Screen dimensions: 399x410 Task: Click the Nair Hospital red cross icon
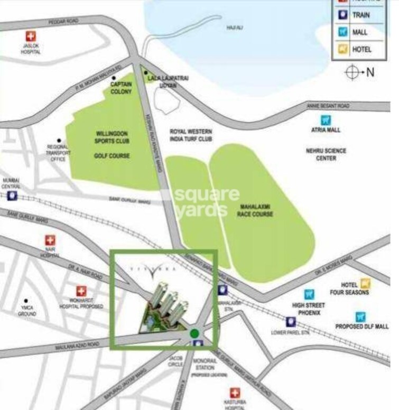click(51, 241)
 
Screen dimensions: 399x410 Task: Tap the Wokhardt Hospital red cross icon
click(81, 291)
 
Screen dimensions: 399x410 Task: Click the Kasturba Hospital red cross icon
click(235, 394)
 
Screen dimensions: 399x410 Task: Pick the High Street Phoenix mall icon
click(309, 294)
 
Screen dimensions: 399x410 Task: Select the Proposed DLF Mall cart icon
click(361, 317)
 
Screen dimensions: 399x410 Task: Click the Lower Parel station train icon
click(290, 321)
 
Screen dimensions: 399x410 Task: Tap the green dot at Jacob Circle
click(194, 333)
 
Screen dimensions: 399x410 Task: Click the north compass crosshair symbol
click(352, 72)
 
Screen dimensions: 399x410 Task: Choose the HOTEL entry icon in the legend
click(342, 50)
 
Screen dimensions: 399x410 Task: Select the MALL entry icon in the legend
click(342, 32)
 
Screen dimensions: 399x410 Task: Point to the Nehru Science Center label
click(326, 154)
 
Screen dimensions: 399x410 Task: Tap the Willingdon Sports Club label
click(112, 137)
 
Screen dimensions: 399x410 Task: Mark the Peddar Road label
click(63, 22)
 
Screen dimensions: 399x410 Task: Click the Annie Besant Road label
click(328, 106)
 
